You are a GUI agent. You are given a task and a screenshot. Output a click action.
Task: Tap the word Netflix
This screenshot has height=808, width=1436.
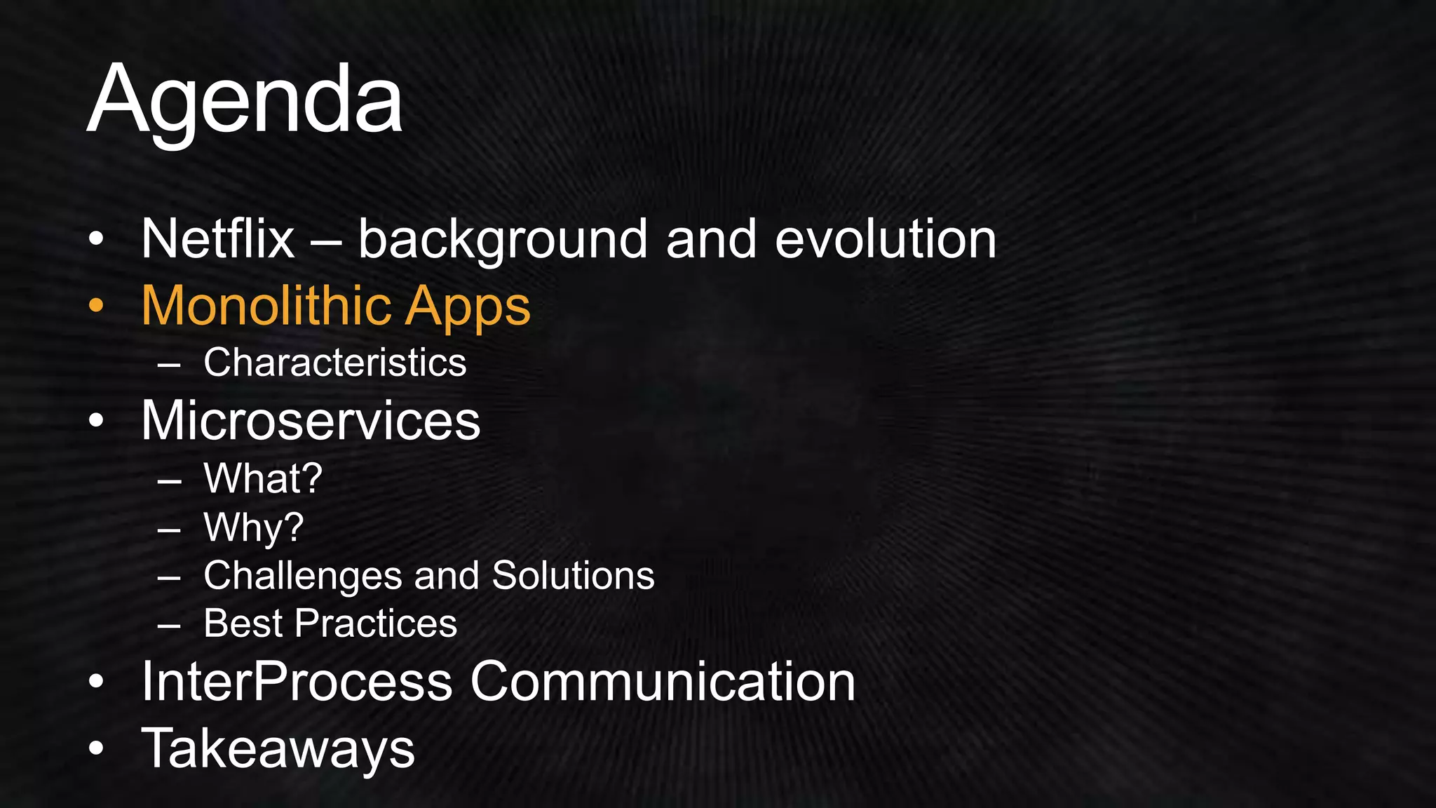217,239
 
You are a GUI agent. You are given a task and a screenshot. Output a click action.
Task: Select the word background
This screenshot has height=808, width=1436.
502,239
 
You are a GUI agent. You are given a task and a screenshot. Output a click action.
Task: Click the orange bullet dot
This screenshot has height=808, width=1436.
96,306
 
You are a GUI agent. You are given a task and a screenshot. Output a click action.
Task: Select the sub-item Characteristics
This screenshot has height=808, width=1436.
334,363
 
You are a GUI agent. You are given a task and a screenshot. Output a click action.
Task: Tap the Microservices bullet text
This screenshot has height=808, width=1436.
311,420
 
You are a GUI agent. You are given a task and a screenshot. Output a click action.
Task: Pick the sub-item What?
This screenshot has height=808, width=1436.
263,478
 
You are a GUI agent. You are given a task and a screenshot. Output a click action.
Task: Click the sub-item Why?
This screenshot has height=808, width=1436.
253,527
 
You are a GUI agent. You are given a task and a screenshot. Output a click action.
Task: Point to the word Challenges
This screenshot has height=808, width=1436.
302,576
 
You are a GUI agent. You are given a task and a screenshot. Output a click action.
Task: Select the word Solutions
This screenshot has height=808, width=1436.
573,576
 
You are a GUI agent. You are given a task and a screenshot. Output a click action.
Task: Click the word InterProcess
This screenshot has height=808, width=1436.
297,681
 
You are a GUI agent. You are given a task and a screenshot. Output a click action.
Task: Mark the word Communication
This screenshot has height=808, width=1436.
663,681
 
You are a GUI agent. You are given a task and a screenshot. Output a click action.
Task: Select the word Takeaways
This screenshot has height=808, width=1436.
278,748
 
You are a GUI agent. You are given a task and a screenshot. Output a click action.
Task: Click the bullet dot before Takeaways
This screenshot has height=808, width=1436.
96,748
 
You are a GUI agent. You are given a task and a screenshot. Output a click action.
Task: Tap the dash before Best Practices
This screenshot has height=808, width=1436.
169,624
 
